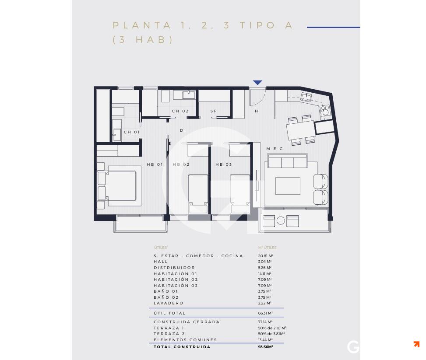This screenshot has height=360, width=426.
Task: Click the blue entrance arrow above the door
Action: coord(257,83)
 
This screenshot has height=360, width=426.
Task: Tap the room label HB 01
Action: coord(155,164)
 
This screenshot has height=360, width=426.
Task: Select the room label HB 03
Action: coord(223,164)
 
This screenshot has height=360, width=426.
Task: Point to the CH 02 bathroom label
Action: coord(180,111)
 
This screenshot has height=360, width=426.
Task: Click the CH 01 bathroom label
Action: coord(131,132)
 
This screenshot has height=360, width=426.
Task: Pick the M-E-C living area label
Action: coord(275,149)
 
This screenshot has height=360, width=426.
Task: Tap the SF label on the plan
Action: coord(214,111)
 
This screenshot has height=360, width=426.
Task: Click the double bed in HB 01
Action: coord(117,185)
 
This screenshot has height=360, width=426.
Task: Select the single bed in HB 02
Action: coord(198,192)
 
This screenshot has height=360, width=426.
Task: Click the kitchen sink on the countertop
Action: coord(306,97)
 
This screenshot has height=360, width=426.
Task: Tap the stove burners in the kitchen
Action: coord(324,110)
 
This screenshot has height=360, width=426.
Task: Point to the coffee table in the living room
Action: coord(288,186)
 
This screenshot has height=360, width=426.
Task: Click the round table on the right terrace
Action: coord(281,221)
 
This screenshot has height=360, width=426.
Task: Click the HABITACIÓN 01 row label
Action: coord(176,274)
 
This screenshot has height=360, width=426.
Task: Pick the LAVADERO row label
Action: coord(169,303)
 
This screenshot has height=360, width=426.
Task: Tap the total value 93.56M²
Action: coord(266,347)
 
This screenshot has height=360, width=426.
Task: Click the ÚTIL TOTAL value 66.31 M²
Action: coord(266,313)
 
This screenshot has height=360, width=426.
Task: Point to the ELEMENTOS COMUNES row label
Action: coord(185,340)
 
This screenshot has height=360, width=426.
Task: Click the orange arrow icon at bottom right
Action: coord(416,344)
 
